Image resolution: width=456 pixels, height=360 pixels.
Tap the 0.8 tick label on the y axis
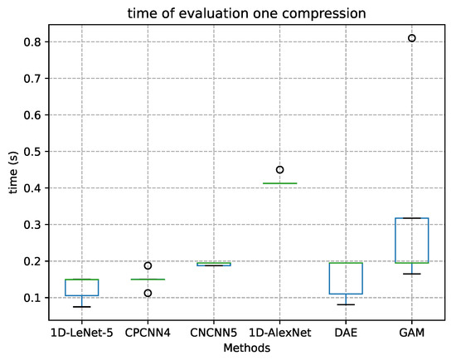coord(33,41)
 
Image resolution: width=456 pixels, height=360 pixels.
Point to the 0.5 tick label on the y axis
coord(33,151)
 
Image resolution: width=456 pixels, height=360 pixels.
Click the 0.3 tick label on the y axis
coord(33,225)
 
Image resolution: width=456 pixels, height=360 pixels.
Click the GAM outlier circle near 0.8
coord(411,38)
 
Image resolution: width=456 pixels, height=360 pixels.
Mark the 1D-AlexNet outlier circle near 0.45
coord(279,169)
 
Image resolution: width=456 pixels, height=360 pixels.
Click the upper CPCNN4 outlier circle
coord(148,265)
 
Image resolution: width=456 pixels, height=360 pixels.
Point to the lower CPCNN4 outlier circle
coord(148,293)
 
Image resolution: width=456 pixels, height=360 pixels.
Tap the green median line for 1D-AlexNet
coord(279,183)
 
